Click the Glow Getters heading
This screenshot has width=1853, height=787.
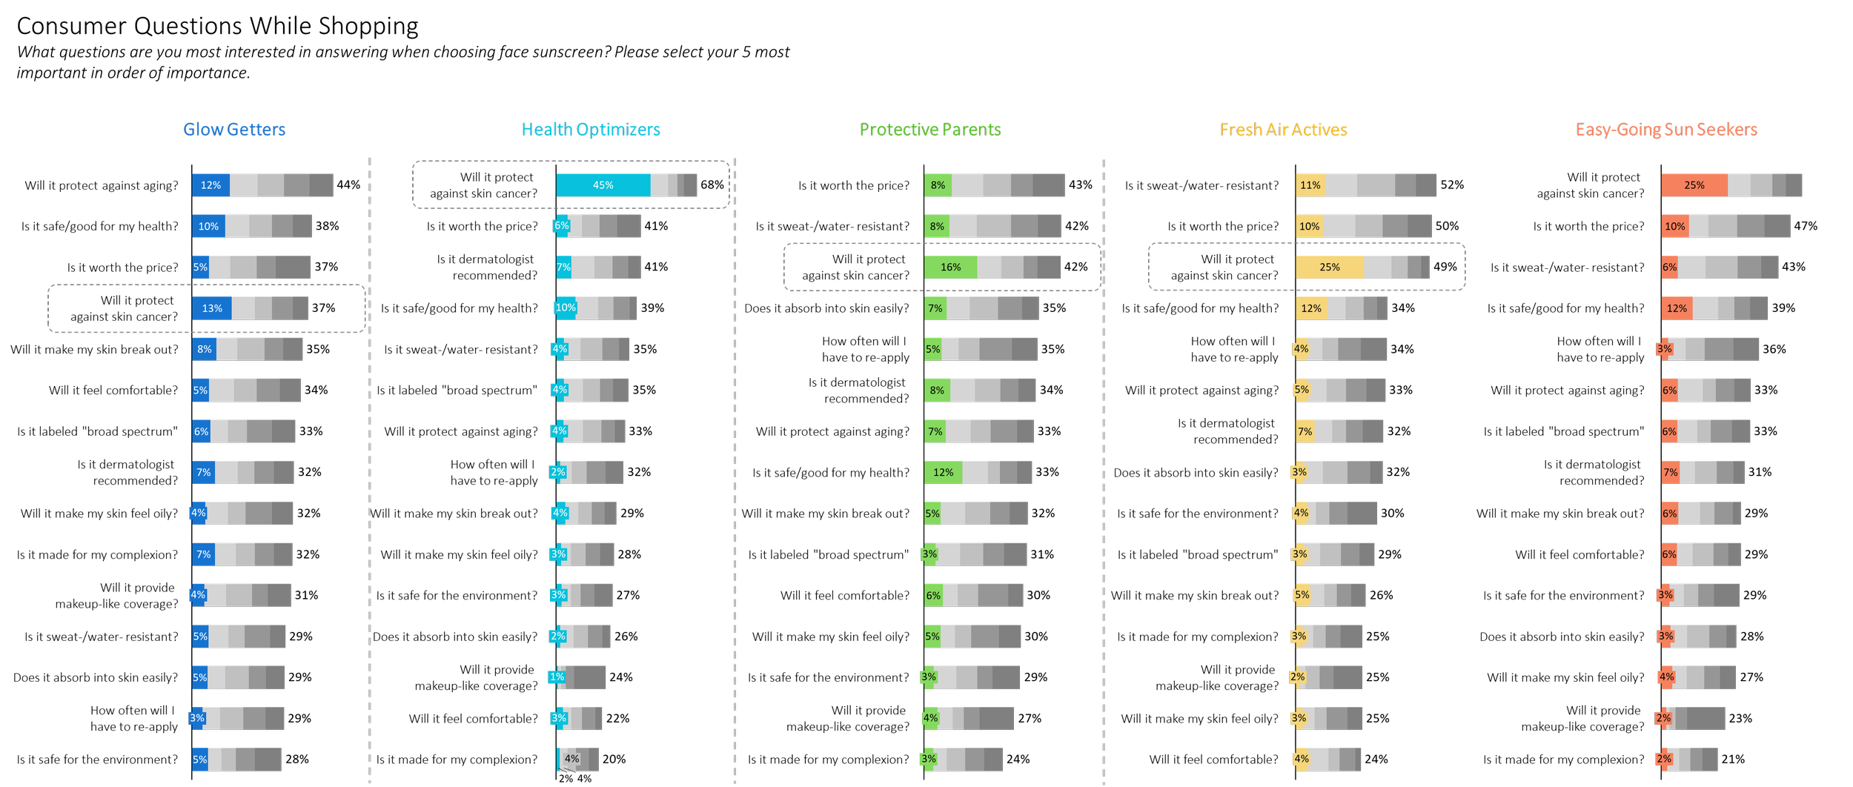[x=234, y=130]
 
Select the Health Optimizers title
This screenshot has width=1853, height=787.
[x=591, y=130]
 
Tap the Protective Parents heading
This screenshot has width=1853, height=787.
[x=930, y=130]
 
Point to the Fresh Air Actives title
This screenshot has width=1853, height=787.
[x=1284, y=130]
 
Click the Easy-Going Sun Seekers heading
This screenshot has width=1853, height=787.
[x=1666, y=130]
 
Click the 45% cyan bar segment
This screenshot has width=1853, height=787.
[x=603, y=185]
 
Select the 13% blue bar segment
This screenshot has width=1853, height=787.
[x=212, y=308]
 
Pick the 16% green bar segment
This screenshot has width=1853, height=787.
[x=950, y=268]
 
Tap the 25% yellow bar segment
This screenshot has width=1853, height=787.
[x=1329, y=268]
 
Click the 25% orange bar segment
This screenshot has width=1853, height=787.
[x=1694, y=185]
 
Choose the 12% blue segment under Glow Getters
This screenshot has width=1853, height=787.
[x=211, y=185]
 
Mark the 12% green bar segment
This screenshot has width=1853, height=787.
[x=943, y=473]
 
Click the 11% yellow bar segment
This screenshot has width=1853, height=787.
[x=1310, y=185]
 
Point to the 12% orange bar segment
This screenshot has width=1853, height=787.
[x=1677, y=308]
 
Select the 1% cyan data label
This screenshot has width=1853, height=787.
[x=557, y=677]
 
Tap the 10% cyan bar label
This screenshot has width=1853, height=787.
[x=566, y=308]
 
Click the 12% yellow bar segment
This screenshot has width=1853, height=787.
[x=1310, y=308]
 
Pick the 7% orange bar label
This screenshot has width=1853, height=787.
[x=1670, y=473]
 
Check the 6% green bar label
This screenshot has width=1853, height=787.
[x=933, y=596]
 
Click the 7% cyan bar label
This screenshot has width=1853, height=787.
[x=563, y=267]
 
